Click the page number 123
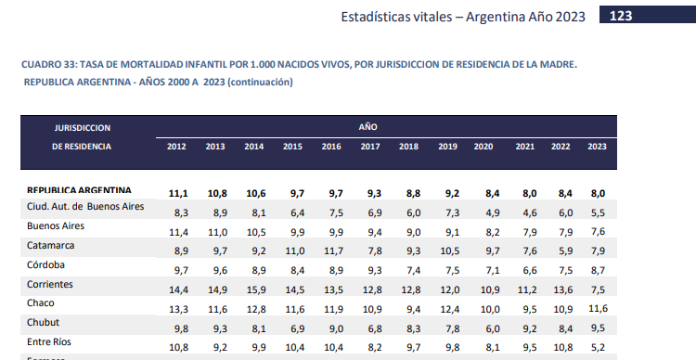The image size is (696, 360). [x=621, y=16]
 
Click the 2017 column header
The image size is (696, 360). [x=369, y=148]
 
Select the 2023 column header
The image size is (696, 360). [x=598, y=148]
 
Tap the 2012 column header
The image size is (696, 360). [x=177, y=148]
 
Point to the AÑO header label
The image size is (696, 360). [x=367, y=126]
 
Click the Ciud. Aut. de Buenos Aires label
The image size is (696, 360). [x=85, y=206]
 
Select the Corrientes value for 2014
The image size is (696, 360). [x=254, y=290]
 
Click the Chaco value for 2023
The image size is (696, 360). [x=598, y=307]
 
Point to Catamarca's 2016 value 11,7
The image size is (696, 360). [x=331, y=251]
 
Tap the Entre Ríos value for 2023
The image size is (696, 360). [x=598, y=347]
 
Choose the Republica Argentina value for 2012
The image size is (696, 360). [x=178, y=193]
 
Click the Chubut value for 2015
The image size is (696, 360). [x=293, y=328]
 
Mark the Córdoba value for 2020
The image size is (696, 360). [x=483, y=270]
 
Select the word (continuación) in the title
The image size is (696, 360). [x=260, y=82]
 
